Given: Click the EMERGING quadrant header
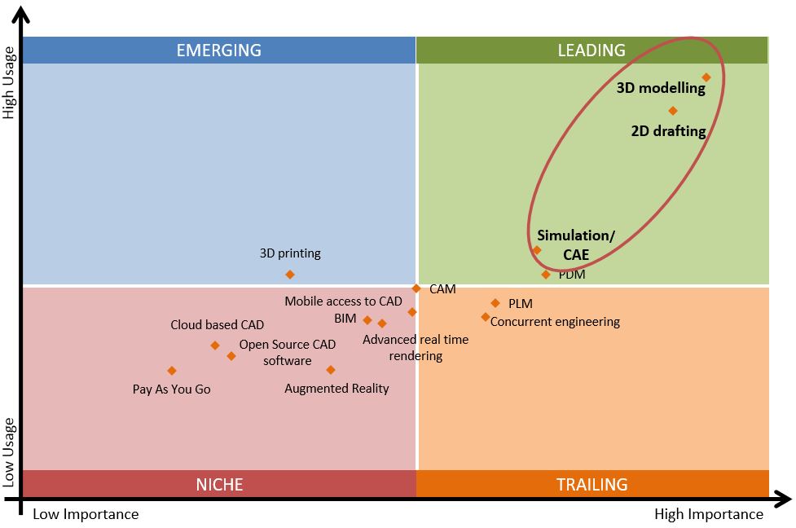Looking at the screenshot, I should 218,51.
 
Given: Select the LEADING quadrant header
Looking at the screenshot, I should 592,51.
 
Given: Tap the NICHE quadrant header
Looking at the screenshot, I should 218,484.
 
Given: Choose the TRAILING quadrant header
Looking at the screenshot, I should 592,484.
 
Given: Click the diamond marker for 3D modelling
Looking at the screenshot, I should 706,77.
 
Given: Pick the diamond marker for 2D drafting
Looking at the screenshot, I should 673,111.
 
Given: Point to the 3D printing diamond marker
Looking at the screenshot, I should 290,275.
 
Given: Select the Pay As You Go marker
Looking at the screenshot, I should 172,371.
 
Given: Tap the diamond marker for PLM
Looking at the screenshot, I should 495,303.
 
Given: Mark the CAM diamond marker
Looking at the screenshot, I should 416,288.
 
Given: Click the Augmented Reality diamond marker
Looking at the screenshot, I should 331,370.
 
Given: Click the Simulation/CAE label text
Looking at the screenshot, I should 576,245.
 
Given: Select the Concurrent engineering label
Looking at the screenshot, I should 555,322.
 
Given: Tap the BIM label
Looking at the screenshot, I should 345,318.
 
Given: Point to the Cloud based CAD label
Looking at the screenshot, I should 217,325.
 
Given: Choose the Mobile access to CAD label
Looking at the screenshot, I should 343,301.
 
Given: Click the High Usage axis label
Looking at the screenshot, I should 9,81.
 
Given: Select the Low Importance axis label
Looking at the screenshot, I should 86,514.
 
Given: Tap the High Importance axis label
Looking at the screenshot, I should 709,514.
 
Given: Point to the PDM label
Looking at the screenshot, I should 572,275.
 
